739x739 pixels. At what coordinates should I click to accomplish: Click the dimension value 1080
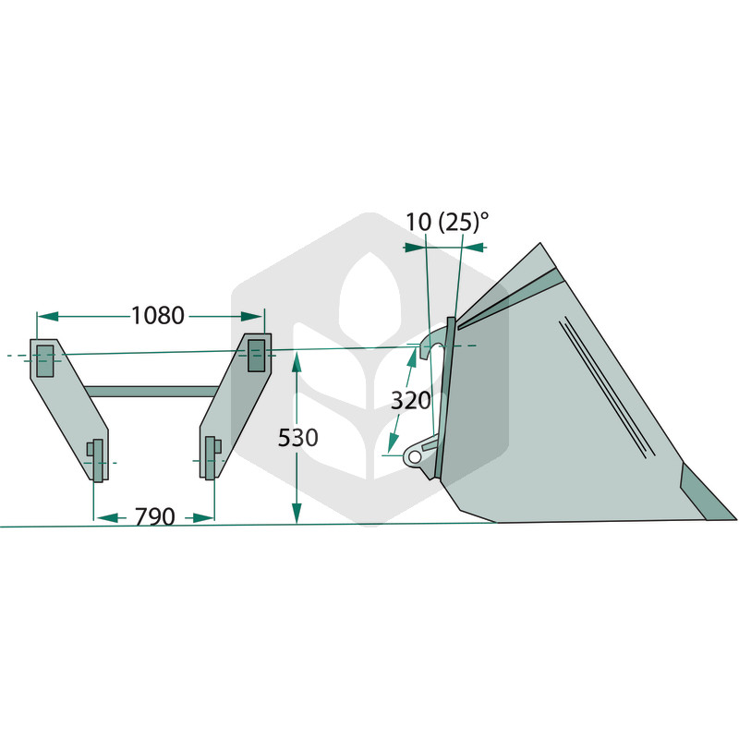[x=157, y=315]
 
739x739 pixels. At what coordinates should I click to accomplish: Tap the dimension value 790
[x=154, y=517]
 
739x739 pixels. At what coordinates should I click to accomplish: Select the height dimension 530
[x=297, y=438]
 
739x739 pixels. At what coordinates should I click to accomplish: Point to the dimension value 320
[x=411, y=401]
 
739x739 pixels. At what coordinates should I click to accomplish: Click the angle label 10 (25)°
[x=447, y=222]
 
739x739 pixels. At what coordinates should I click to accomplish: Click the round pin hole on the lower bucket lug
[x=415, y=456]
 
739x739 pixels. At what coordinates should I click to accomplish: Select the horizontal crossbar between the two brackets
[x=151, y=391]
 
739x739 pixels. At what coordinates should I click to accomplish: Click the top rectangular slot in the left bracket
[x=44, y=360]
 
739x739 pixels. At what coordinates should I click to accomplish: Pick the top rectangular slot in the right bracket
[x=257, y=356]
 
